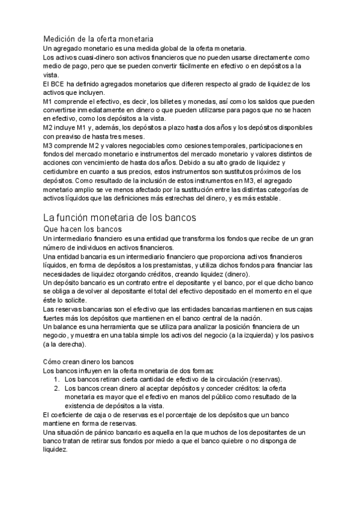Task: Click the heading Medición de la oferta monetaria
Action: (x=98, y=39)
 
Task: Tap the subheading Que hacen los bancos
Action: (x=83, y=229)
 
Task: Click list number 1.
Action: (x=57, y=380)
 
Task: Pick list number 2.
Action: (x=57, y=389)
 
